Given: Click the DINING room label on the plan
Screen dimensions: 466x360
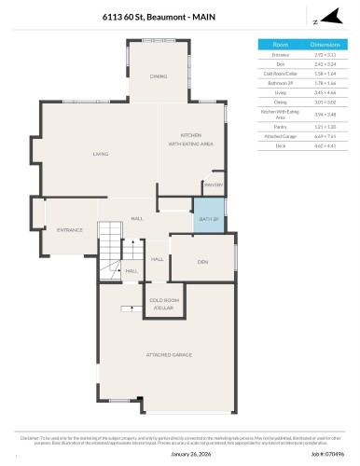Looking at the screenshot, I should (159, 76).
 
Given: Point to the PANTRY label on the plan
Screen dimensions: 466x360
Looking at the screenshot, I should (213, 185).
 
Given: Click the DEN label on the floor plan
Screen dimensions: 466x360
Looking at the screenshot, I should (202, 263).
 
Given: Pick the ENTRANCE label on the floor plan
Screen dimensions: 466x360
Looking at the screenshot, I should (70, 230).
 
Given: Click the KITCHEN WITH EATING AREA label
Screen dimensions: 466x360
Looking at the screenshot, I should (191, 141).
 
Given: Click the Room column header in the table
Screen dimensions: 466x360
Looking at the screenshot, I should (280, 44).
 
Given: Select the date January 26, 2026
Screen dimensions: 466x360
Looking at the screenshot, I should (179, 455).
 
